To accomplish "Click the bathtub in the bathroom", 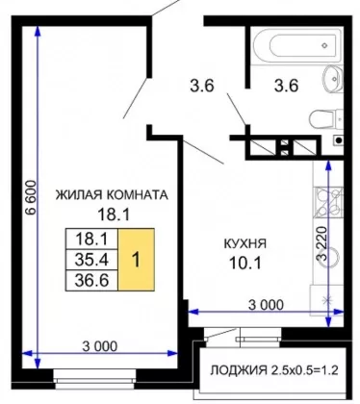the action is coord(296,45).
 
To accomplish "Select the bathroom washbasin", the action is coord(332,79).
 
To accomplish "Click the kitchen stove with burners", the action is coord(328,202).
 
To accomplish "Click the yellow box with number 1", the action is coord(137,260).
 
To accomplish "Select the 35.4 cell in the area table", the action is coord(91,260).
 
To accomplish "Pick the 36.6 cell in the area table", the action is coord(91,280).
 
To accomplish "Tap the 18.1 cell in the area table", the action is coord(91,240).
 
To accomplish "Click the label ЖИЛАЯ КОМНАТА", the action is coord(112,195).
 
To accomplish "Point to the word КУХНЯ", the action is coord(244,244).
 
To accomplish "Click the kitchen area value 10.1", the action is coord(245,264).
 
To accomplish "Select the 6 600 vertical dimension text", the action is coord(30,198).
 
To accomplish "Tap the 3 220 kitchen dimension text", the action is coord(321,243).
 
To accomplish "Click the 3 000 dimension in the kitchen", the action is coord(266,305).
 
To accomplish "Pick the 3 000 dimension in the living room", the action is coord(100,346).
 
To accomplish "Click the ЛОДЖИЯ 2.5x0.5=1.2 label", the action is coord(274,370).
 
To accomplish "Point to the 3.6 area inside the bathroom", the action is coord(286,86).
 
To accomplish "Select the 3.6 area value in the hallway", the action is coord(202,86).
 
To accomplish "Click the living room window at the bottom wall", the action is coord(95,376).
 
